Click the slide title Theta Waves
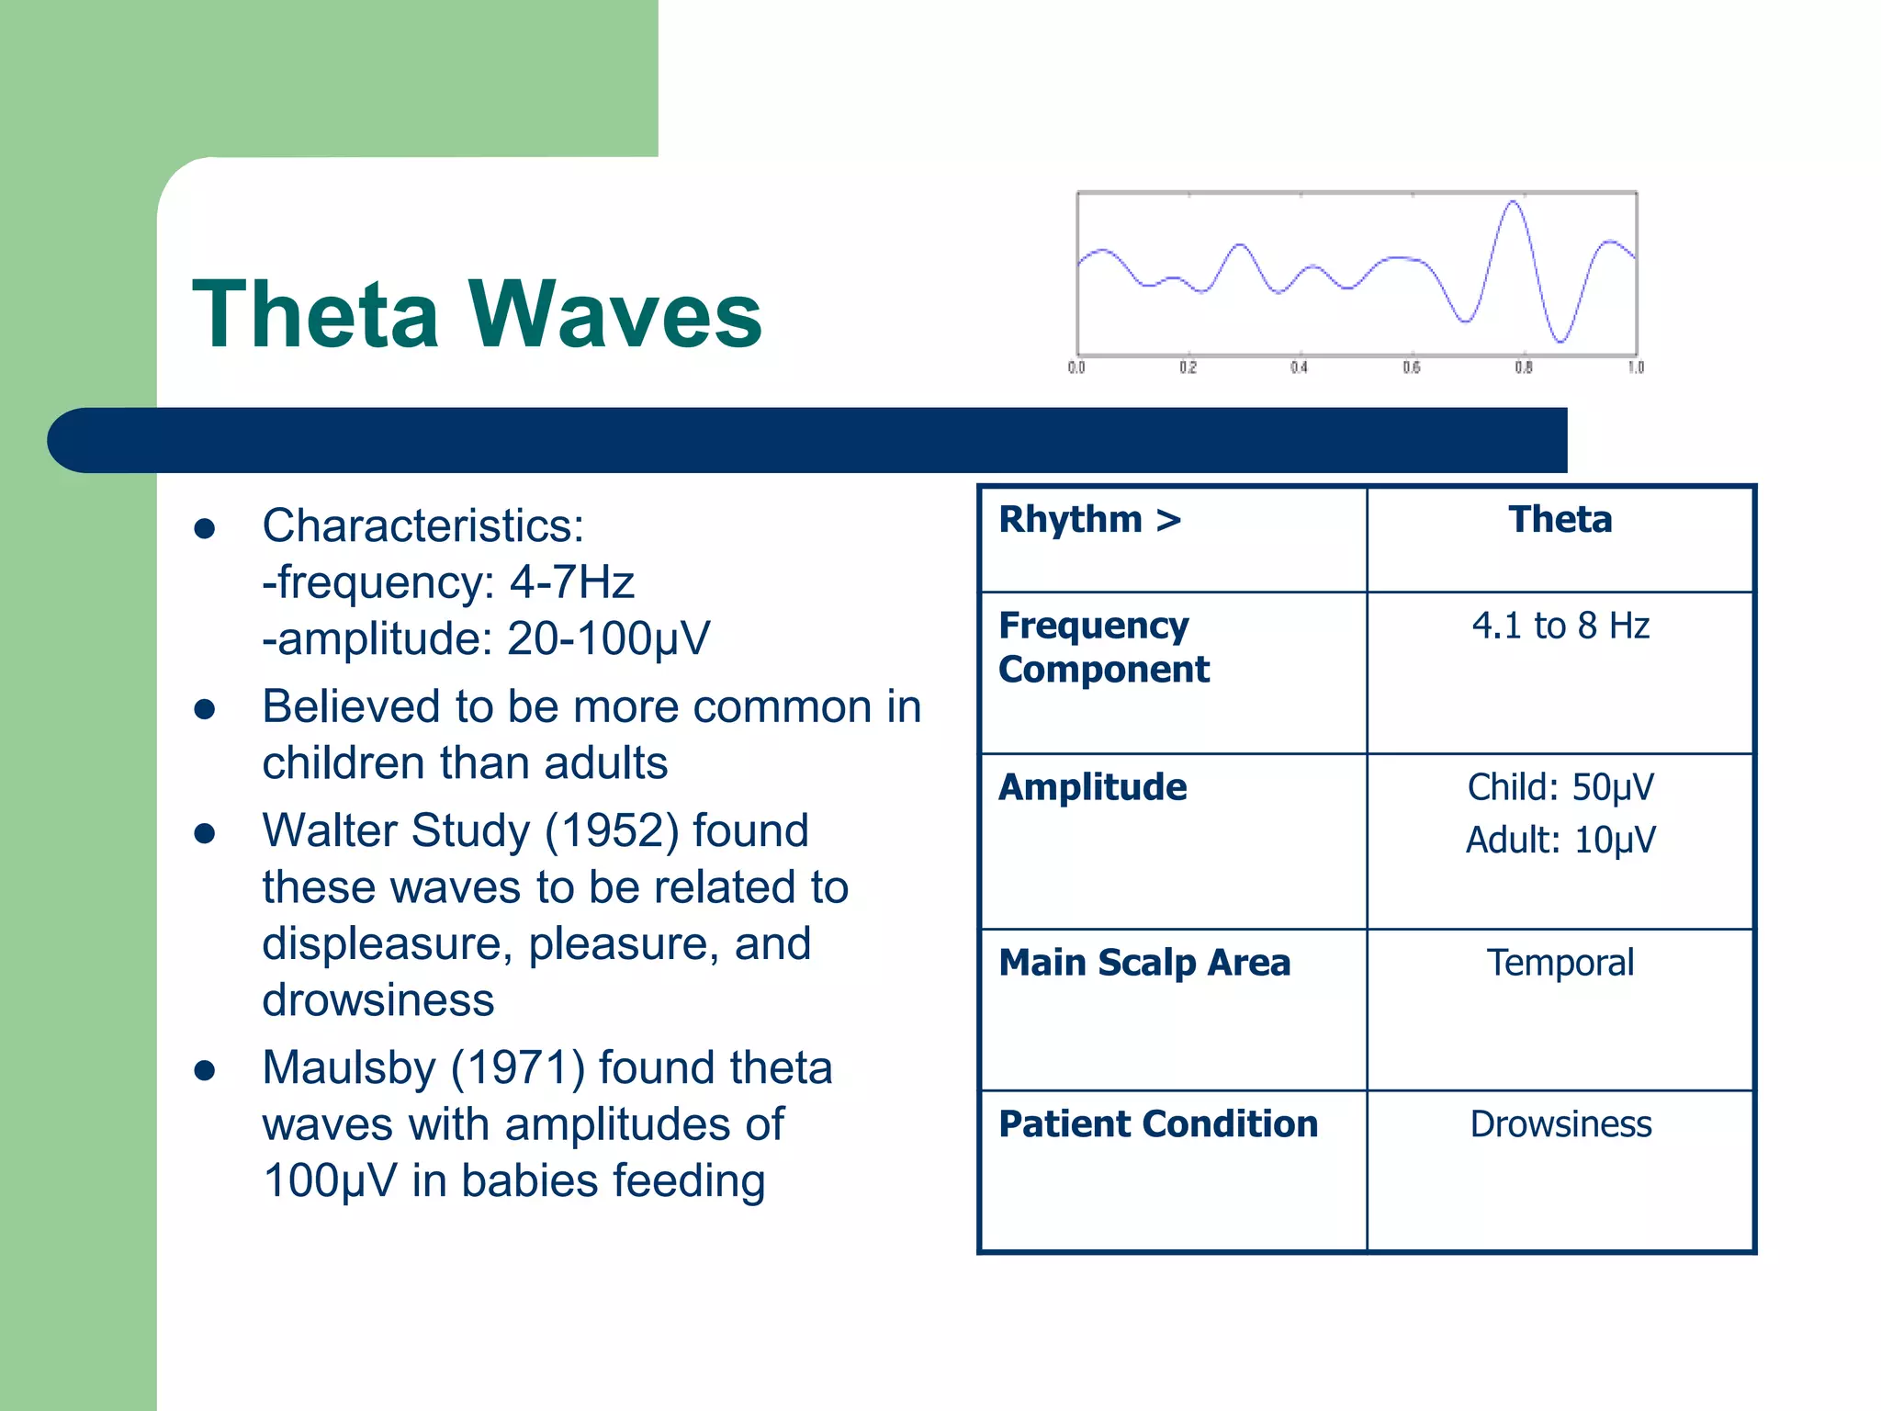click(477, 315)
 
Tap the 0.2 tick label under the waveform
click(1188, 367)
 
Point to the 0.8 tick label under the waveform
click(1524, 367)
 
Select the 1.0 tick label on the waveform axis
click(1636, 367)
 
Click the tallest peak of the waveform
click(1513, 203)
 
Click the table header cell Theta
click(1560, 520)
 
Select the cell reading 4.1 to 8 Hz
click(1560, 626)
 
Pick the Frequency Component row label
click(1103, 648)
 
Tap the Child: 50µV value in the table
click(1560, 787)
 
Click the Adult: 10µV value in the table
click(1560, 840)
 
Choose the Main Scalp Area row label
click(1144, 963)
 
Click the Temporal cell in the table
click(1560, 963)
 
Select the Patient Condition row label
click(1158, 1124)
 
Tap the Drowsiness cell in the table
click(1560, 1124)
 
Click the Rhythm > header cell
click(1090, 520)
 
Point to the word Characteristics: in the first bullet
click(423, 526)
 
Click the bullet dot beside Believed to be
click(205, 709)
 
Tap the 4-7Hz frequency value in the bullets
click(571, 582)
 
